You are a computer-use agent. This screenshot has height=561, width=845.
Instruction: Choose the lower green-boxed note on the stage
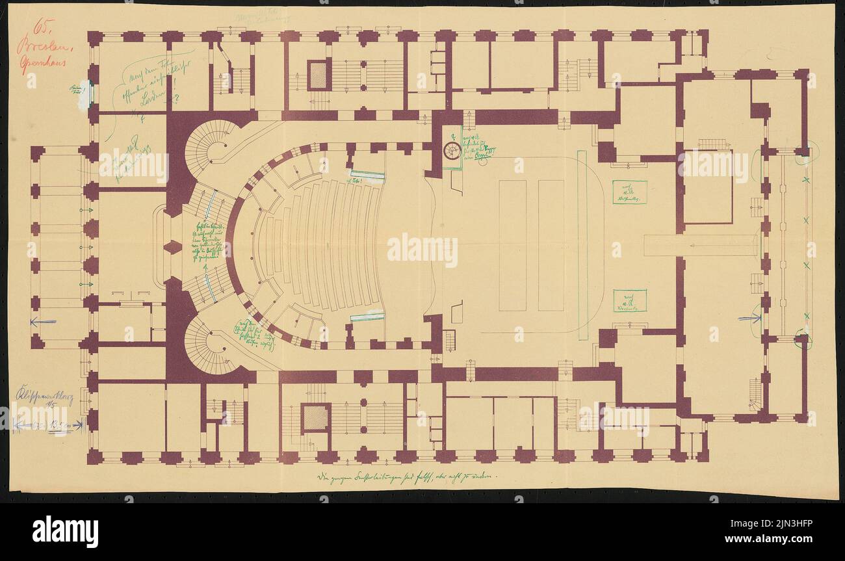(x=629, y=300)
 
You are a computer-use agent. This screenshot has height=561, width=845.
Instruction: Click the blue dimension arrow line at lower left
(x=49, y=426)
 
